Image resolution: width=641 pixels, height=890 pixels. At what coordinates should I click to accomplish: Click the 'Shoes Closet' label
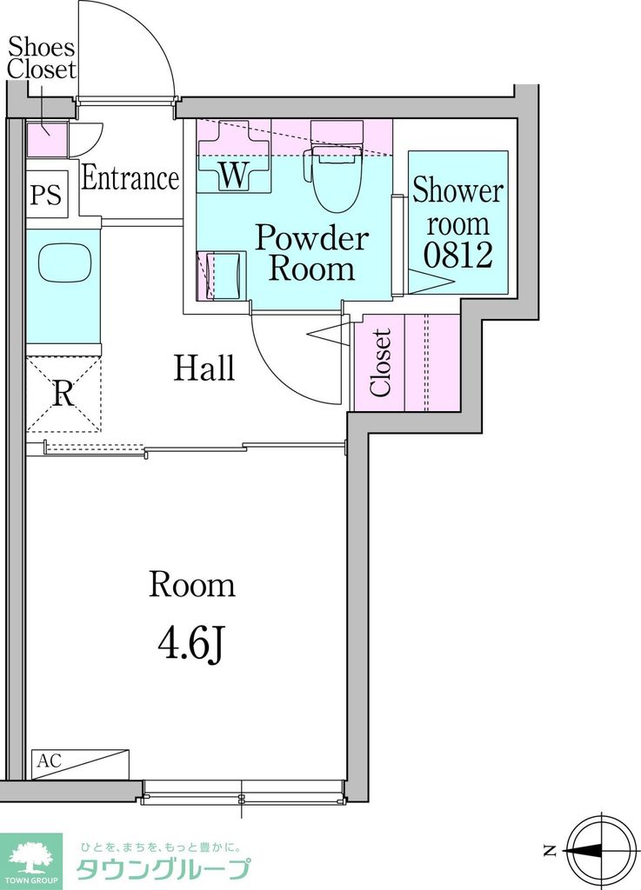click(42, 58)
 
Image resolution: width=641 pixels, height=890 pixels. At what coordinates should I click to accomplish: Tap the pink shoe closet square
click(47, 138)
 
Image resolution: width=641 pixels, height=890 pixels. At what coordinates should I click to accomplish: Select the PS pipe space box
click(48, 194)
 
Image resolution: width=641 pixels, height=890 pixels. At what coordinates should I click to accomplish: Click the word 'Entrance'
click(130, 177)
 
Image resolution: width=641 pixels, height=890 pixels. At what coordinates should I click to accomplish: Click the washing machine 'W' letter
click(233, 175)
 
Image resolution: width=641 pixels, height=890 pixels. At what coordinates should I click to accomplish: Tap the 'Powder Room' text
click(311, 253)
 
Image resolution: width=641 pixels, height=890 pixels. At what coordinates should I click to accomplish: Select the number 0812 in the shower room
click(457, 255)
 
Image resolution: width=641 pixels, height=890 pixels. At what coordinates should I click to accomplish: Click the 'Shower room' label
click(457, 207)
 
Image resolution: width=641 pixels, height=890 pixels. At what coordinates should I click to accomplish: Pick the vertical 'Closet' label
click(380, 362)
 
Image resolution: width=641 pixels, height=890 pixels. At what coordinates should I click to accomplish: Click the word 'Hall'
click(204, 368)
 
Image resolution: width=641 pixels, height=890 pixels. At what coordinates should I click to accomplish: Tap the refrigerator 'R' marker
click(63, 393)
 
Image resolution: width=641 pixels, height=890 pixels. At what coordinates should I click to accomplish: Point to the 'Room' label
click(192, 585)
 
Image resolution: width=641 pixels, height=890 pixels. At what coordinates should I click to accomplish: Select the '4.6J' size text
click(192, 647)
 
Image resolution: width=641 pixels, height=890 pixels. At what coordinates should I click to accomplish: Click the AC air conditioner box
click(80, 764)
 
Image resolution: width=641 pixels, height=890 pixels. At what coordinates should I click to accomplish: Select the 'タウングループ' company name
click(163, 869)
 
